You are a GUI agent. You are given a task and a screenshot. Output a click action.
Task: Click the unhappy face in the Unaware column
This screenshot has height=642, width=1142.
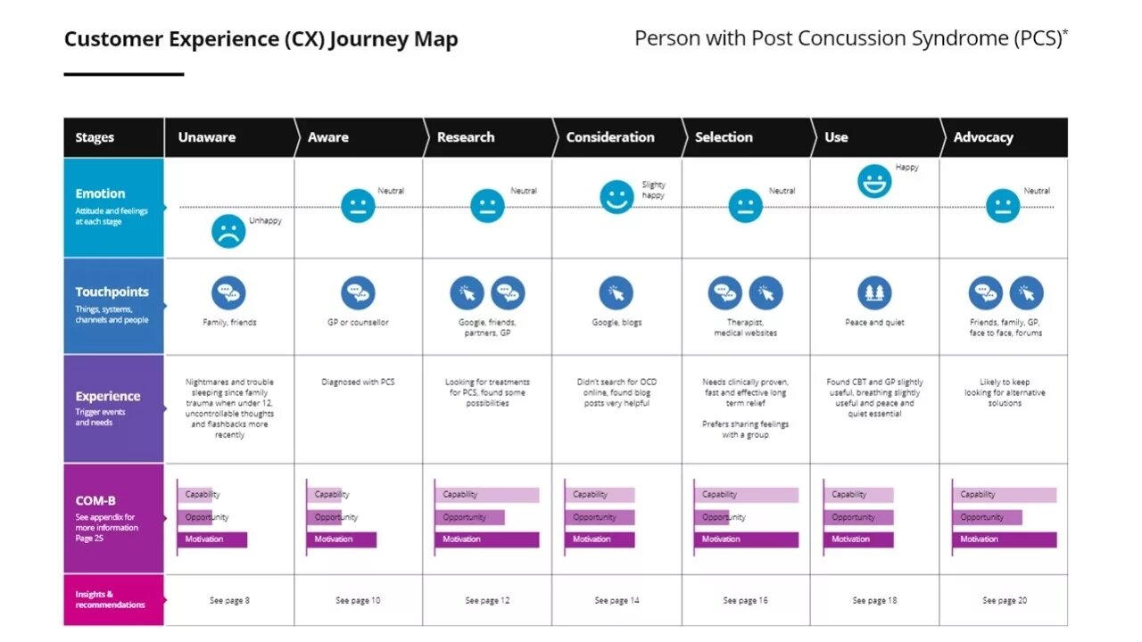(x=228, y=232)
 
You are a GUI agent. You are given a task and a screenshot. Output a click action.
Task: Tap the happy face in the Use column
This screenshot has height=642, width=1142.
(x=874, y=181)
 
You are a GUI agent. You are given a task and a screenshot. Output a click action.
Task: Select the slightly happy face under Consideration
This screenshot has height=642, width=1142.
(x=616, y=197)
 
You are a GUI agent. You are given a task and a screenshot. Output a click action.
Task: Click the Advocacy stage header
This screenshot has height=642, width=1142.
(x=982, y=137)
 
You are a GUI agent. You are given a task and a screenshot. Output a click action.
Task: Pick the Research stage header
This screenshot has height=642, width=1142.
(x=465, y=137)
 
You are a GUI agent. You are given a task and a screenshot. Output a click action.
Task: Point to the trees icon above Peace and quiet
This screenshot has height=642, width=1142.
(x=874, y=292)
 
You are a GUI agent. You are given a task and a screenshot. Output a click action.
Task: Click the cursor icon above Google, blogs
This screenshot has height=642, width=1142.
(x=616, y=292)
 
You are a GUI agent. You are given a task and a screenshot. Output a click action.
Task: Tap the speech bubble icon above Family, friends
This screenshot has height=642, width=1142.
(x=228, y=292)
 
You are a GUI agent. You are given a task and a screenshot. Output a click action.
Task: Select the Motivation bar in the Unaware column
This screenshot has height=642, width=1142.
(x=212, y=539)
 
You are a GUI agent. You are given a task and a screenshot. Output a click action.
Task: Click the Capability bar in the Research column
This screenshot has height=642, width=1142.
(x=487, y=495)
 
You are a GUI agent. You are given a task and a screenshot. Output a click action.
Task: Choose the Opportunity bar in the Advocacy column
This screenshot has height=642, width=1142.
(x=989, y=517)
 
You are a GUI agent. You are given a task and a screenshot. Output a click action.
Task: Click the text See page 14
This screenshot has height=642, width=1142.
(x=617, y=600)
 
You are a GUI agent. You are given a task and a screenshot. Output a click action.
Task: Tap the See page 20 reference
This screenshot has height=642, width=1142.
(x=1004, y=600)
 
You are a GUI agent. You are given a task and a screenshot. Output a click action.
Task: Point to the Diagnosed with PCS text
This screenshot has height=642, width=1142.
(x=358, y=382)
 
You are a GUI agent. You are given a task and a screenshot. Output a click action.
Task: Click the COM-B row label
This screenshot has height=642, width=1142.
(x=95, y=501)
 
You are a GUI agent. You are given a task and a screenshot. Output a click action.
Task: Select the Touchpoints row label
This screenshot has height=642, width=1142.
(x=112, y=292)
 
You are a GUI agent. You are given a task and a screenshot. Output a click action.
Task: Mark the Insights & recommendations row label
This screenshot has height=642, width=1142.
(x=110, y=599)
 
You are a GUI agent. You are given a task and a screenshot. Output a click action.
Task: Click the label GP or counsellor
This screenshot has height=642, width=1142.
(x=358, y=322)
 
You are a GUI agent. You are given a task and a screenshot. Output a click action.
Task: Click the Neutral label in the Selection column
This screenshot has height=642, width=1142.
(x=782, y=191)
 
